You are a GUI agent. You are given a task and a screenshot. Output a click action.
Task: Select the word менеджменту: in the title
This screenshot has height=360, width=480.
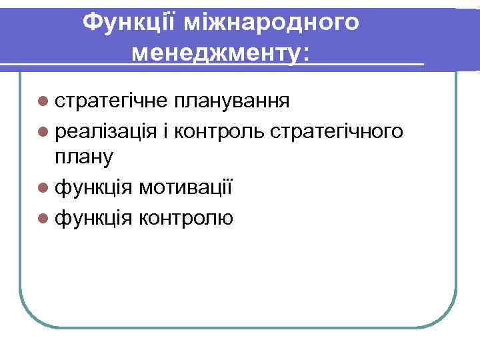221,53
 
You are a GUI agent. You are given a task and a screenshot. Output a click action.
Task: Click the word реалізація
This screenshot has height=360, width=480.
107,131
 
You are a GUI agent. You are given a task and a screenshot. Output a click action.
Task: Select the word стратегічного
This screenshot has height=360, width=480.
337,131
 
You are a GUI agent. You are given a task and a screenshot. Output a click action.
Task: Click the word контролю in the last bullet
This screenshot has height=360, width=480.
187,217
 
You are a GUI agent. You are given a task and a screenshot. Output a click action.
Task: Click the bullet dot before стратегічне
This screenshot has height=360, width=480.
43,101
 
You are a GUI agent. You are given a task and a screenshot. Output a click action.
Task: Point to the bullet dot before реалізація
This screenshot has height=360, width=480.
43,131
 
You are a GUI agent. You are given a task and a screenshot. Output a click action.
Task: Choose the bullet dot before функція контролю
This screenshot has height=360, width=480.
43,217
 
